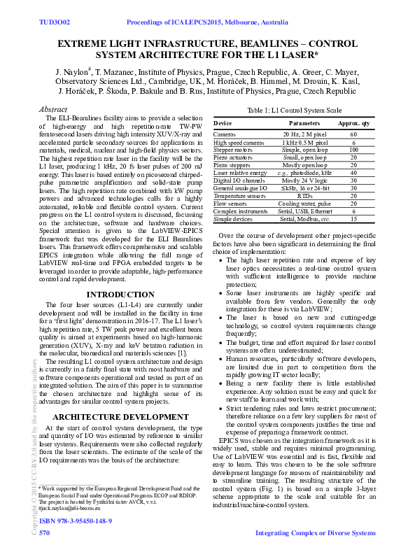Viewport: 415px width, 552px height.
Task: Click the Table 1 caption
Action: tap(294, 111)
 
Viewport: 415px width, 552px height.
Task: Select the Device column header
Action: tap(223, 123)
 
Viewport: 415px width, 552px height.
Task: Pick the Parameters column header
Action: tap(304, 123)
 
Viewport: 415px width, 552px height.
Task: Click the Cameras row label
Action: tap(225, 134)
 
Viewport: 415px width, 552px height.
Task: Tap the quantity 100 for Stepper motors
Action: tap(353, 149)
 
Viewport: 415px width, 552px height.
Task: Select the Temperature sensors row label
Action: tap(239, 196)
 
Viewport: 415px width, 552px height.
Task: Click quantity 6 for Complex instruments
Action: tap(353, 211)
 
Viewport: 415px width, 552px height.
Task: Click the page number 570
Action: tap(45, 533)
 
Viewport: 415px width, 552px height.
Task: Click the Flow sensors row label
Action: tap(230, 204)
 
